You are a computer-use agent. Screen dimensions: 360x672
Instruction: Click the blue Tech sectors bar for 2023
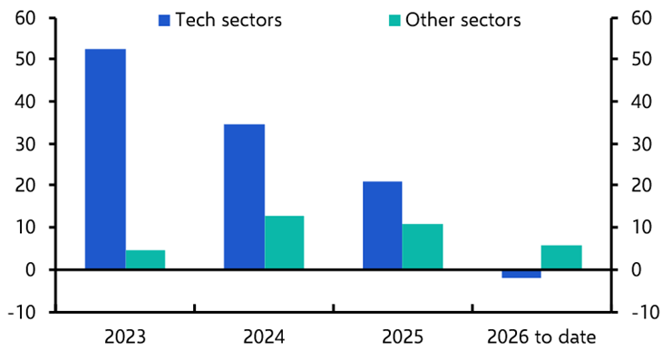pos(105,159)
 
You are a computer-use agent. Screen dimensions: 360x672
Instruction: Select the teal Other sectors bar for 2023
pos(145,259)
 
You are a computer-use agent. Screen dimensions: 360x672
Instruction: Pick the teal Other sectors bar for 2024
pos(284,242)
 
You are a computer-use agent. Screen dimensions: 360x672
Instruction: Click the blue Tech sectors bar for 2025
pos(383,225)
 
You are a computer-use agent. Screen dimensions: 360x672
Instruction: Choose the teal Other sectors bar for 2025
pos(423,246)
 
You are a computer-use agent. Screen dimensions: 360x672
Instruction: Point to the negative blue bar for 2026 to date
pos(521,274)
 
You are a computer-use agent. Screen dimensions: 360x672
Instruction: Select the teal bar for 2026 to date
pos(561,258)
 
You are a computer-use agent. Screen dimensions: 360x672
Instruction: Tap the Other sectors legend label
pos(463,19)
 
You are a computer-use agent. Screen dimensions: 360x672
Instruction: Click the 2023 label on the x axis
pos(125,337)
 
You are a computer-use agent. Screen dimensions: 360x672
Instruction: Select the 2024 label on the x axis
pos(264,337)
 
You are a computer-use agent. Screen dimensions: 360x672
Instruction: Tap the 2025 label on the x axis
pos(403,337)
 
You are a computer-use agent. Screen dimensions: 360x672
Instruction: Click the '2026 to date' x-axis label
pos(541,337)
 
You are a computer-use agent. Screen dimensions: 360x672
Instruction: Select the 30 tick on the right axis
pos(642,143)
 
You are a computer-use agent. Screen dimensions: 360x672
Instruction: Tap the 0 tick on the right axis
pos(638,270)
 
